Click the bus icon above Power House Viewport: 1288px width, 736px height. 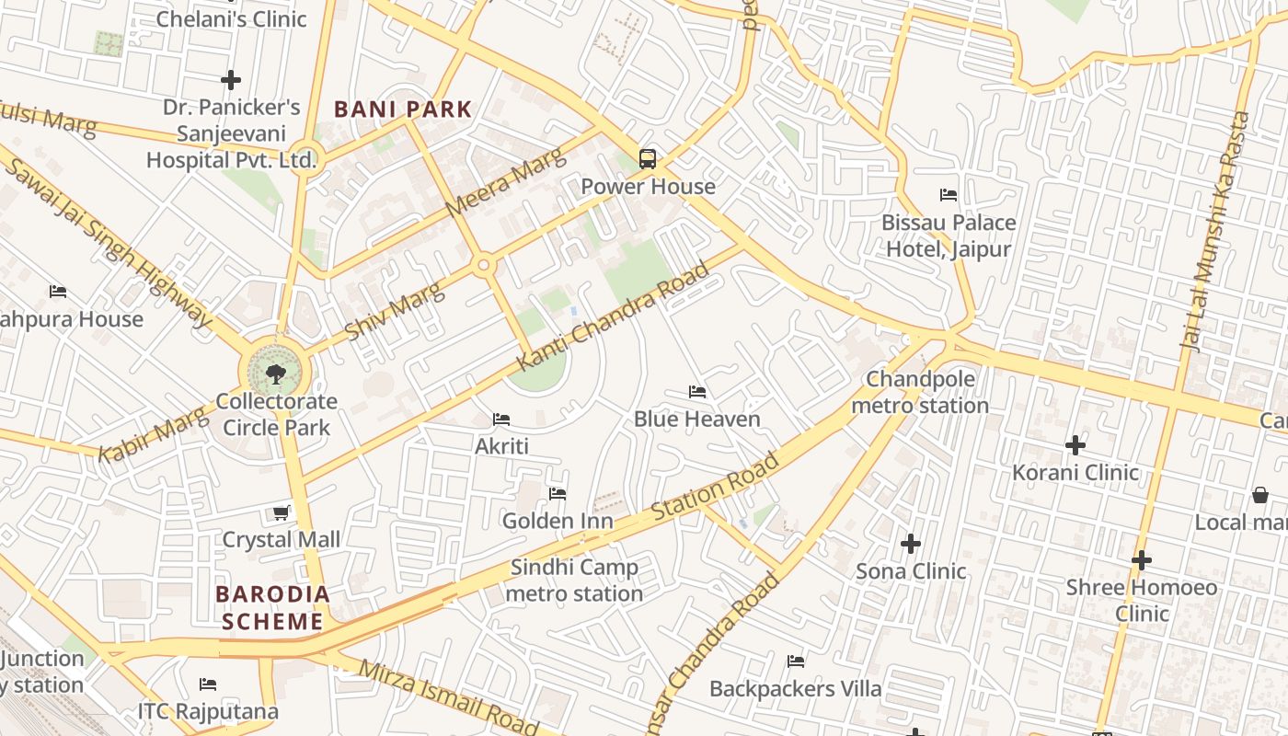[x=648, y=158]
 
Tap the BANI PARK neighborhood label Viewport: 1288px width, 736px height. [x=403, y=109]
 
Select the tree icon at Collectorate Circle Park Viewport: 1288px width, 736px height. [x=275, y=374]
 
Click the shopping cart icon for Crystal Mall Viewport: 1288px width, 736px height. [x=282, y=512]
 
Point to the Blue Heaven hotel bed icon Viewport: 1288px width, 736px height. [x=697, y=392]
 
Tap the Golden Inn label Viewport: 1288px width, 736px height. [x=558, y=521]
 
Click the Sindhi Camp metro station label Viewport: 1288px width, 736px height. [x=574, y=581]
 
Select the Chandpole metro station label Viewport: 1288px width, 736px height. [x=920, y=392]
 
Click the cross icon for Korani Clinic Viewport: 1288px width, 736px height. [x=1075, y=445]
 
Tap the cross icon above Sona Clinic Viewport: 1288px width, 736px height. [x=911, y=544]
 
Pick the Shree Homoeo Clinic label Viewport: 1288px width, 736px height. [x=1142, y=600]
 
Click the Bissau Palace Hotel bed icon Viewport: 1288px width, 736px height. [x=949, y=195]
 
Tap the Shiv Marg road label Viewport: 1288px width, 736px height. [x=394, y=310]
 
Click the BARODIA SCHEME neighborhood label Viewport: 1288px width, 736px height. [x=273, y=607]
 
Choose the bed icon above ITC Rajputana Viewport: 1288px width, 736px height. [x=208, y=684]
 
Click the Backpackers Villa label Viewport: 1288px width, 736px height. [x=796, y=688]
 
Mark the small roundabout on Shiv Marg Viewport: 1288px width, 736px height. [x=484, y=266]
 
